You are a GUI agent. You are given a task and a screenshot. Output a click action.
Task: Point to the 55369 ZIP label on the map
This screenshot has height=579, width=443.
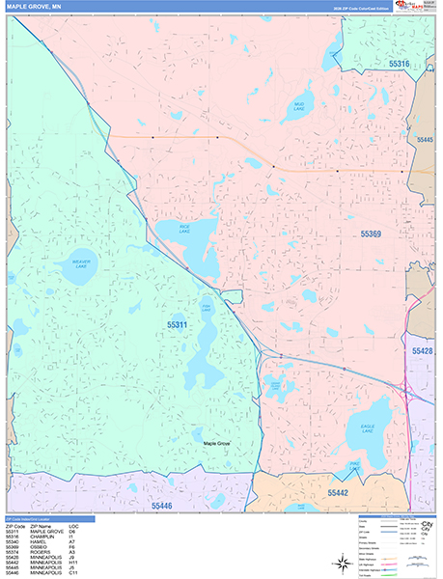pyautogui.click(x=373, y=234)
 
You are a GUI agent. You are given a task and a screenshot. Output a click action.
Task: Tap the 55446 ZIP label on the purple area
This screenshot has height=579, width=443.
pyautogui.click(x=167, y=504)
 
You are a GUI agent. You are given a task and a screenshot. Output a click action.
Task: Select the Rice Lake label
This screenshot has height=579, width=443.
pyautogui.click(x=183, y=232)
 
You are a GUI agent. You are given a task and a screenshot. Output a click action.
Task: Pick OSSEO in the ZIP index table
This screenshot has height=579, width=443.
pyautogui.click(x=40, y=546)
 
